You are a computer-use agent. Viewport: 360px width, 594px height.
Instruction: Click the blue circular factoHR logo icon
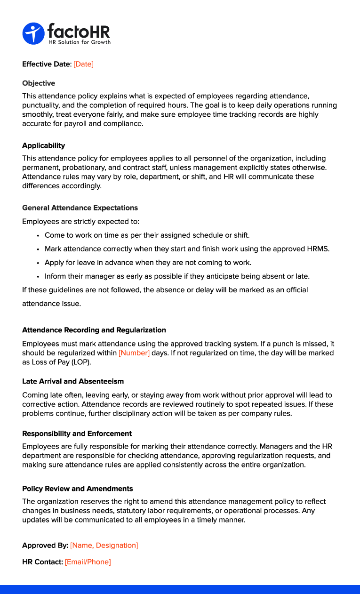click(x=33, y=33)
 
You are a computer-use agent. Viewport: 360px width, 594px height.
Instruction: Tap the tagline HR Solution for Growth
click(x=80, y=42)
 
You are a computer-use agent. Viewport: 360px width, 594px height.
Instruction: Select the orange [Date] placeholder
click(x=84, y=64)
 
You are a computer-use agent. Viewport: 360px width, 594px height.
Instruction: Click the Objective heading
click(x=39, y=83)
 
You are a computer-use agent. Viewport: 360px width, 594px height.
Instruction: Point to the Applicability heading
click(x=44, y=145)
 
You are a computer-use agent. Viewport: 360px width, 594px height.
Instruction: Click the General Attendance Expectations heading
click(x=80, y=208)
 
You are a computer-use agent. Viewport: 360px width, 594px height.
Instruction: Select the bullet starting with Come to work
click(x=147, y=235)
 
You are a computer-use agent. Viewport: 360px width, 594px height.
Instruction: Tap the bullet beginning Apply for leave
click(x=148, y=262)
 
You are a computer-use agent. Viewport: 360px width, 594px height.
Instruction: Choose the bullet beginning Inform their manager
click(x=177, y=276)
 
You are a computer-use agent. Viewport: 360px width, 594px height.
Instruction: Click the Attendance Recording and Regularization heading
click(x=94, y=330)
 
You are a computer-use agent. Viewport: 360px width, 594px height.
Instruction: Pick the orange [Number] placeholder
click(x=134, y=353)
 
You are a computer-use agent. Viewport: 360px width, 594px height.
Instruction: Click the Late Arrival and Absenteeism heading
click(x=73, y=381)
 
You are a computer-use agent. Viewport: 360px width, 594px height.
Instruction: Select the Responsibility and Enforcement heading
click(x=77, y=433)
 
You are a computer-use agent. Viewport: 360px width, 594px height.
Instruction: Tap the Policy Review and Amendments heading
click(x=78, y=489)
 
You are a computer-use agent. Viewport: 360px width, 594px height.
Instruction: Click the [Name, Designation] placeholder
click(x=104, y=546)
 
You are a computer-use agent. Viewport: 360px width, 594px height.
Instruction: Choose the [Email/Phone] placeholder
click(x=88, y=562)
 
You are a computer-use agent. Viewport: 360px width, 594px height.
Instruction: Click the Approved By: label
click(x=45, y=546)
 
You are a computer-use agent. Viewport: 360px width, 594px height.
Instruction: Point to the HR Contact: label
click(x=42, y=562)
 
